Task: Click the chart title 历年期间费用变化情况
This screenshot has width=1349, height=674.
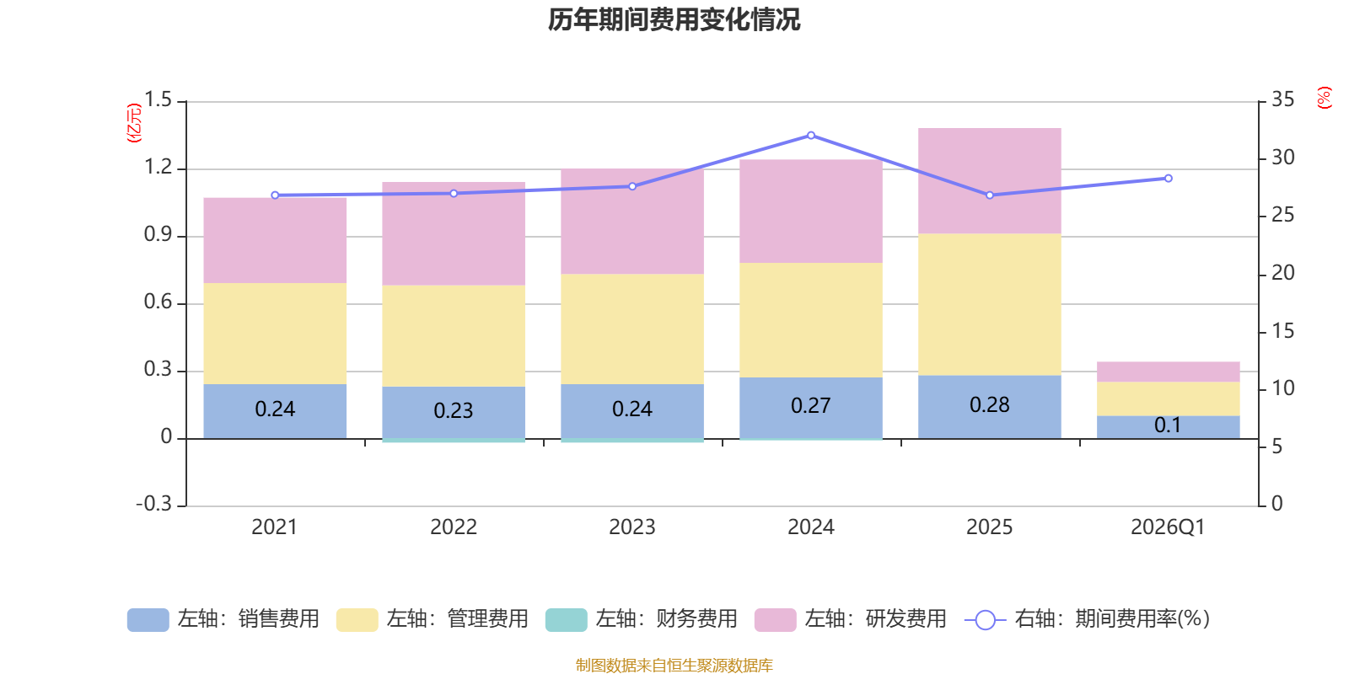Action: click(674, 19)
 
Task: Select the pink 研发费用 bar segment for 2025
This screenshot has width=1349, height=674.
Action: click(989, 181)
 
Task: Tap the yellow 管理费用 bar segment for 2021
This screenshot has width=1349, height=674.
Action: click(275, 333)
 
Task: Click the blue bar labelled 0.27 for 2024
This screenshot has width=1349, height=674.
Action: click(810, 407)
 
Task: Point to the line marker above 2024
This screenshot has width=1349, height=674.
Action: click(811, 135)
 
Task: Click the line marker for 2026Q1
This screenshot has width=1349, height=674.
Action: click(1168, 179)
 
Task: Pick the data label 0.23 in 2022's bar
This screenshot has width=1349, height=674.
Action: click(454, 410)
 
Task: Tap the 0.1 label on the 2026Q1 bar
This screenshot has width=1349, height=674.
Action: click(1168, 425)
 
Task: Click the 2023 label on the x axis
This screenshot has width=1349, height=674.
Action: click(632, 527)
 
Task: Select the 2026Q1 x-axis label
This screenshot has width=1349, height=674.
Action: click(1168, 527)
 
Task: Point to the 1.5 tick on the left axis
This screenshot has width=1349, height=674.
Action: click(158, 100)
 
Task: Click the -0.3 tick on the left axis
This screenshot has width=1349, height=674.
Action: click(153, 504)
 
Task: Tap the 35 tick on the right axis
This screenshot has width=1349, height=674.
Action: click(1282, 100)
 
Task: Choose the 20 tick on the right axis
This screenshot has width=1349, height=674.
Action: click(1282, 273)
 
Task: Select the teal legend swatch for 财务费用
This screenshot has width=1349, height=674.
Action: click(566, 620)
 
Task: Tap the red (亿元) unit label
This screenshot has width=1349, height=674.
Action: click(133, 124)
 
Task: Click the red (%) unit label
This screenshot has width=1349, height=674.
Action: click(1325, 98)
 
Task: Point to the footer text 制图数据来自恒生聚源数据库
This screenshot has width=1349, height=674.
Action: click(674, 666)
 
